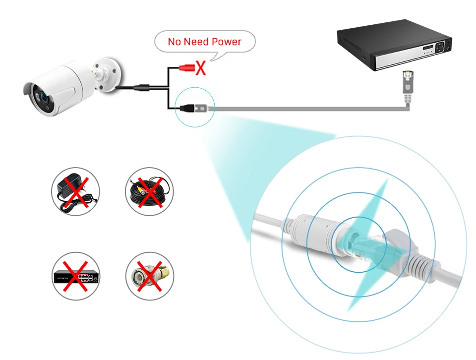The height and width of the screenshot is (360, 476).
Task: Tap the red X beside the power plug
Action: tap(200, 67)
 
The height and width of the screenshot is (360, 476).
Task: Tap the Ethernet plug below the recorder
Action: tap(407, 83)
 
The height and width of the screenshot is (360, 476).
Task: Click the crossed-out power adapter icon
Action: tap(76, 191)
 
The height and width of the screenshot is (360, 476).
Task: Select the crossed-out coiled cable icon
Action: tap(149, 191)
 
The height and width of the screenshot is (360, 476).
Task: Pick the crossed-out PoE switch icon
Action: tap(76, 276)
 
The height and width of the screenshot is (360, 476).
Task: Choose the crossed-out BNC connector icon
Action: tap(149, 276)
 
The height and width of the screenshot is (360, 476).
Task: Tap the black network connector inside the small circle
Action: tap(189, 107)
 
